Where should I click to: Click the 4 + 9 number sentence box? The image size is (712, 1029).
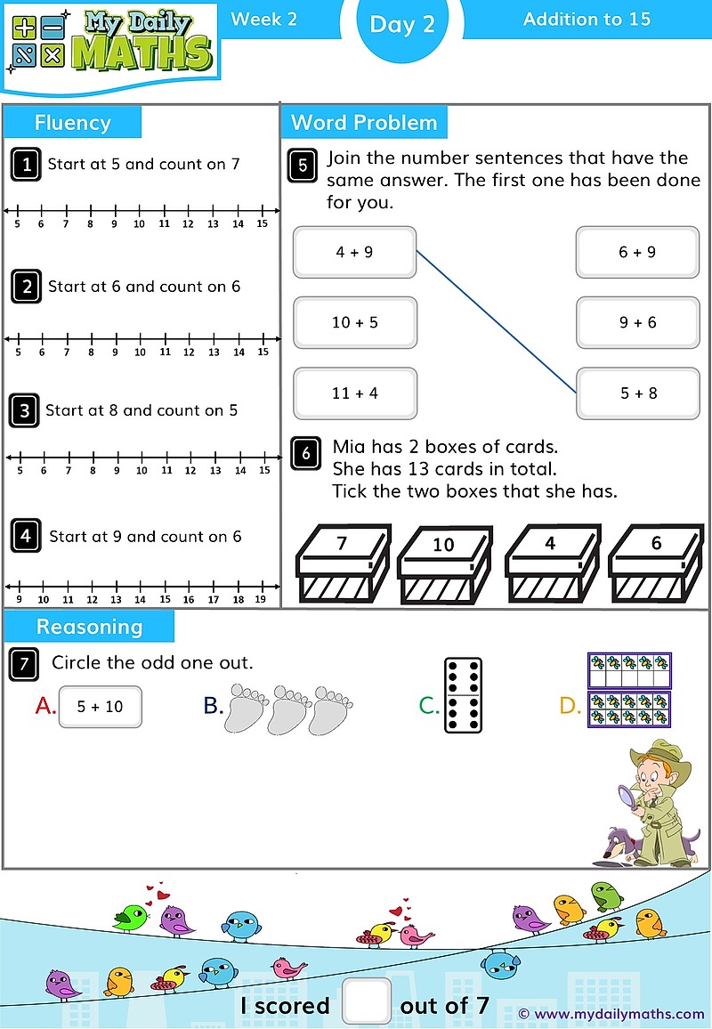[x=354, y=252]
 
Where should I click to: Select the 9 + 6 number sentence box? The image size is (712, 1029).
[x=637, y=322]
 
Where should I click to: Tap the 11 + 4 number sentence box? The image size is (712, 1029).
[x=354, y=393]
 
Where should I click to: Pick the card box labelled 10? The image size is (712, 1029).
[x=443, y=563]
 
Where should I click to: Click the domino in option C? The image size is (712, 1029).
[x=463, y=695]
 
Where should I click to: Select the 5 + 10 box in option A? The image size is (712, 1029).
[x=100, y=707]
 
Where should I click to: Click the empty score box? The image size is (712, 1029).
[x=365, y=1001]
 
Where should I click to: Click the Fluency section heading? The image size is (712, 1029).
[x=72, y=123]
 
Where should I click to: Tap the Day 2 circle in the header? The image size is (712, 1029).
[x=402, y=24]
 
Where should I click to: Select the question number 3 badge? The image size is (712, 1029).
[x=25, y=410]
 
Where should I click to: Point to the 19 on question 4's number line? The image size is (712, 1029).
[x=260, y=600]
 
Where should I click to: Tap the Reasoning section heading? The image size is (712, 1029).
[x=89, y=627]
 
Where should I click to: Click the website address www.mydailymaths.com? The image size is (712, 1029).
[x=618, y=1013]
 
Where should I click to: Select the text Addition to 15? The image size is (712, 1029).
[x=587, y=19]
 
